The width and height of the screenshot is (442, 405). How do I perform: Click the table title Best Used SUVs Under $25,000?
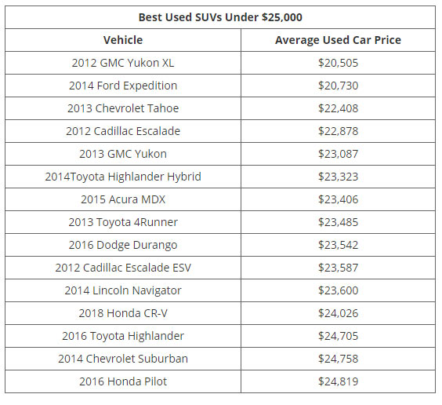220,17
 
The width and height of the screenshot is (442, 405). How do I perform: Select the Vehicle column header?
123,40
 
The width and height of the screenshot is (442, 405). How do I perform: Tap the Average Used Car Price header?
338,40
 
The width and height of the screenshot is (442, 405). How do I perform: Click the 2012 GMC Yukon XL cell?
123,63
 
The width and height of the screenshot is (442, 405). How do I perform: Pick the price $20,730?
338,86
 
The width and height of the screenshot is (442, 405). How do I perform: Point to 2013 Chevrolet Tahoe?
123,108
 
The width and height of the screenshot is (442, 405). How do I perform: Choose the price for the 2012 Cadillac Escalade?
338,131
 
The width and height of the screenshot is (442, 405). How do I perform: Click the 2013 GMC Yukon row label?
123,154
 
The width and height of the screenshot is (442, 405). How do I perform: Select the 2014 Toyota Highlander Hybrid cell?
123,177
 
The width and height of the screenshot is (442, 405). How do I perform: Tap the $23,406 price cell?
338,199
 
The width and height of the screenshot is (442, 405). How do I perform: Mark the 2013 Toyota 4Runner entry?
123,222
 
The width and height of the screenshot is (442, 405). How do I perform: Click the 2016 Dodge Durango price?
338,245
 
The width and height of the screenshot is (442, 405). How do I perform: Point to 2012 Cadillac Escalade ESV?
123,268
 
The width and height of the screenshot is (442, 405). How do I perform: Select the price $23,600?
338,290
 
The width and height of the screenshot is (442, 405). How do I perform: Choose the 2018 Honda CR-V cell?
123,313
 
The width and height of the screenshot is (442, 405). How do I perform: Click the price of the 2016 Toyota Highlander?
338,336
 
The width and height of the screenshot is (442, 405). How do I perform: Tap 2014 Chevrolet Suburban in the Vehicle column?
123,359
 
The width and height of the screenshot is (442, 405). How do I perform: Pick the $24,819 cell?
338,381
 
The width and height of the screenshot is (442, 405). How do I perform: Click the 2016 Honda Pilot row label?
123,381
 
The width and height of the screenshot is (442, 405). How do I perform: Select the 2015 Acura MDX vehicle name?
123,199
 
